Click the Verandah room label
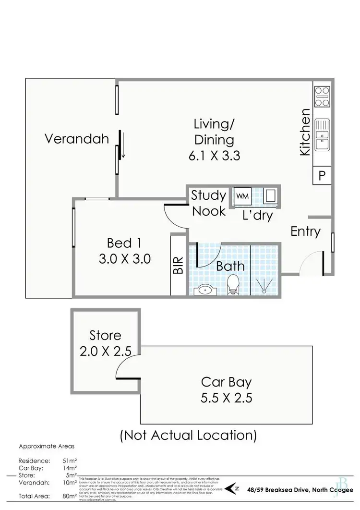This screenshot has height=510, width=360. click(77, 139)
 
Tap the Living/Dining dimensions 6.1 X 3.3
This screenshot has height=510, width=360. click(214, 156)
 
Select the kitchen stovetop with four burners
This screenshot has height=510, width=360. click(322, 96)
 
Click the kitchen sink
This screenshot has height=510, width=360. click(322, 135)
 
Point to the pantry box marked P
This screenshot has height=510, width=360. click(322, 176)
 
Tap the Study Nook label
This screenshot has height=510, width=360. click(208, 203)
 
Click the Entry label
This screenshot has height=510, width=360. click(305, 231)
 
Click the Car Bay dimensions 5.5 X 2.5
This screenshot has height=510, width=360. click(227, 398)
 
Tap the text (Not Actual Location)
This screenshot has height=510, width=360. click(188, 435)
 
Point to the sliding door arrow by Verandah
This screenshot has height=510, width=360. click(123, 144)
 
